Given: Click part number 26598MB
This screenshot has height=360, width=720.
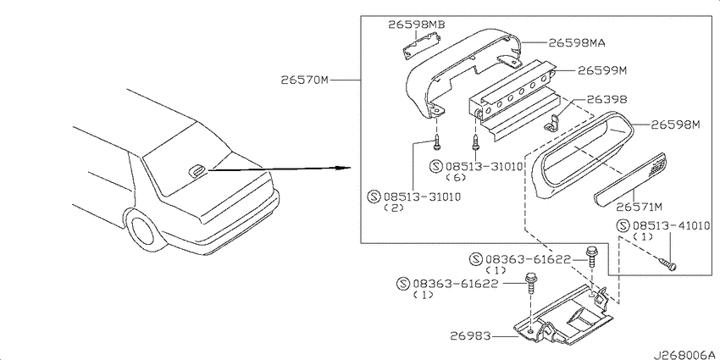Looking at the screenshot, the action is (417, 25).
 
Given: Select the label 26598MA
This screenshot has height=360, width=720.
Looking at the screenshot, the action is (577, 42).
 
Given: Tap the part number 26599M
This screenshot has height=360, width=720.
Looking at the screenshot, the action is (602, 70).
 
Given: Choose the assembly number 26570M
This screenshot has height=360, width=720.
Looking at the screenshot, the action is (305, 80).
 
